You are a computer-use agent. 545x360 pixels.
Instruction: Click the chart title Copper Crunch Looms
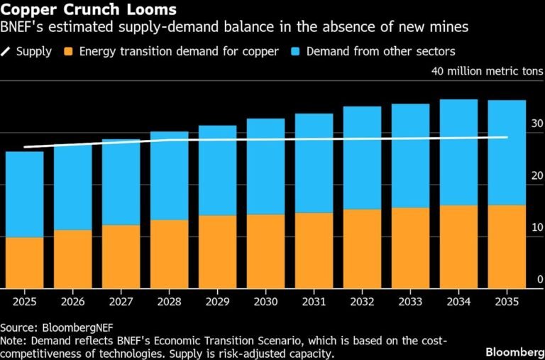89,11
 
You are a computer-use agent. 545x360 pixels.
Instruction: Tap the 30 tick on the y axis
536,124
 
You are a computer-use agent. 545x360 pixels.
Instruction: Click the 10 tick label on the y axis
536,227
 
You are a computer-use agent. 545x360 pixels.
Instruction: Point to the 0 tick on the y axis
539,279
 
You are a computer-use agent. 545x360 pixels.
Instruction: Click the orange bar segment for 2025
24,263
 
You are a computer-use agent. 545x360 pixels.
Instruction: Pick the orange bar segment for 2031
314,251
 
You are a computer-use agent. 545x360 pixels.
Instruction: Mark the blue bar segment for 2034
458,152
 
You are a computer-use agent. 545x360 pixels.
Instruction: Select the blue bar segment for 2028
169,176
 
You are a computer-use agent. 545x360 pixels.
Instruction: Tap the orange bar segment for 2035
507,247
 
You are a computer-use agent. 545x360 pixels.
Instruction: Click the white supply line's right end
507,137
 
